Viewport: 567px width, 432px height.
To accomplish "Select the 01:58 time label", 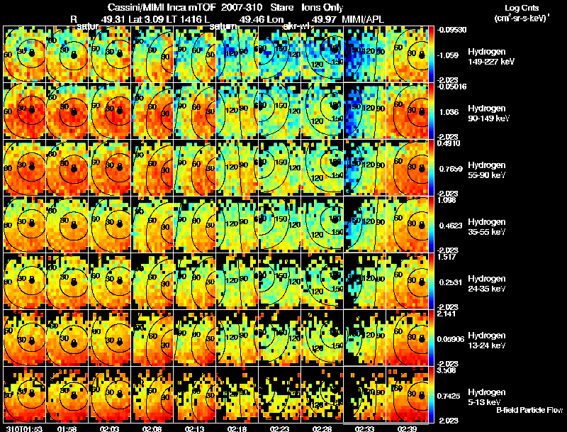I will [x=67, y=428].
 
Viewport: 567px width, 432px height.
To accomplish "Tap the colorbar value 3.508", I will [x=447, y=370].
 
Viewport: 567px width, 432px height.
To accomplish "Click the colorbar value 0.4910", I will [x=447, y=143].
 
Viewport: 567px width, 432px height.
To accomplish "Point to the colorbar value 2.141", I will [x=447, y=313].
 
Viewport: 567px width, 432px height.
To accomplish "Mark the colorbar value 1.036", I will [x=447, y=112].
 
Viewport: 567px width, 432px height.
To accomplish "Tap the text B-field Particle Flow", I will [x=529, y=410].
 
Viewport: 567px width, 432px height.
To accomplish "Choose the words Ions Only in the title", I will [x=322, y=7].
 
